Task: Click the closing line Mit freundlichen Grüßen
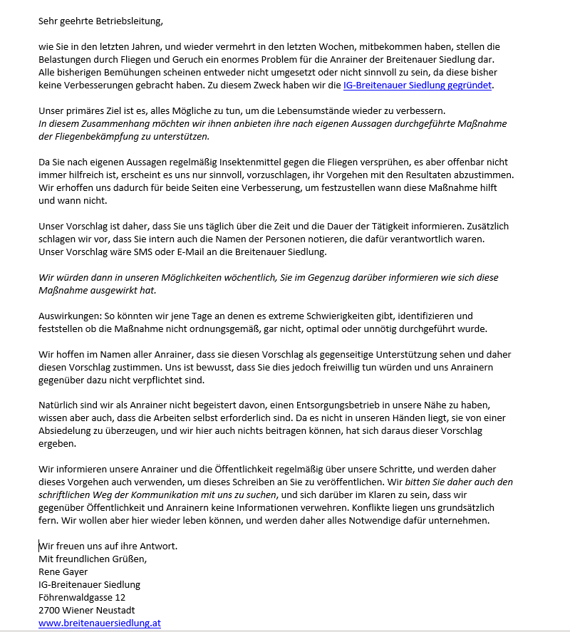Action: (93, 559)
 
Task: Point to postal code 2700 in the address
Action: (50, 610)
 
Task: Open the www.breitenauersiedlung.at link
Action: (100, 623)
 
